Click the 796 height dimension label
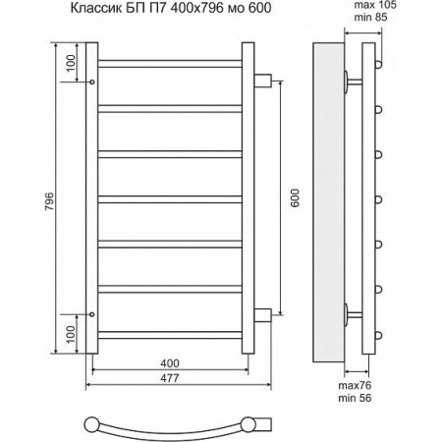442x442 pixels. tap(50, 201)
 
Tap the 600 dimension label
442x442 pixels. tap(295, 198)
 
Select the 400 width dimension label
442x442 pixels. tap(170, 363)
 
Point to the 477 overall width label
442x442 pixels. tap(170, 378)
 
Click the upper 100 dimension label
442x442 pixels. tap(71, 63)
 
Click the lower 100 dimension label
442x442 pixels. tap(71, 334)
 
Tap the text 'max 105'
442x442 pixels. tap(375, 5)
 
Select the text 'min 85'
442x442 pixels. tap(370, 17)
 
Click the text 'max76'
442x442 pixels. tap(355, 385)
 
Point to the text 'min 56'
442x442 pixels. tap(355, 398)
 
